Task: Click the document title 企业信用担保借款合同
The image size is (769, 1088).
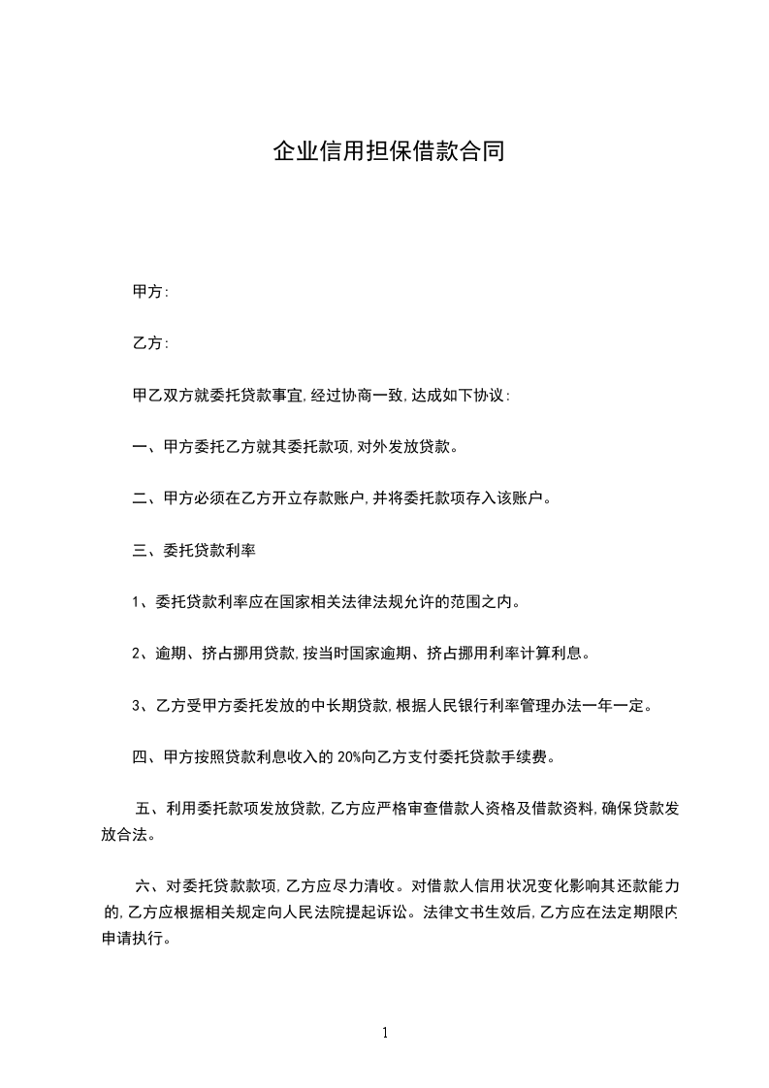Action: pos(388,152)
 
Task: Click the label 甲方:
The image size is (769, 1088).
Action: pos(150,291)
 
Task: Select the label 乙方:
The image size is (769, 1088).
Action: pos(150,343)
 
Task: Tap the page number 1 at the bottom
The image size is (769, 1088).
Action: pos(385,1033)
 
